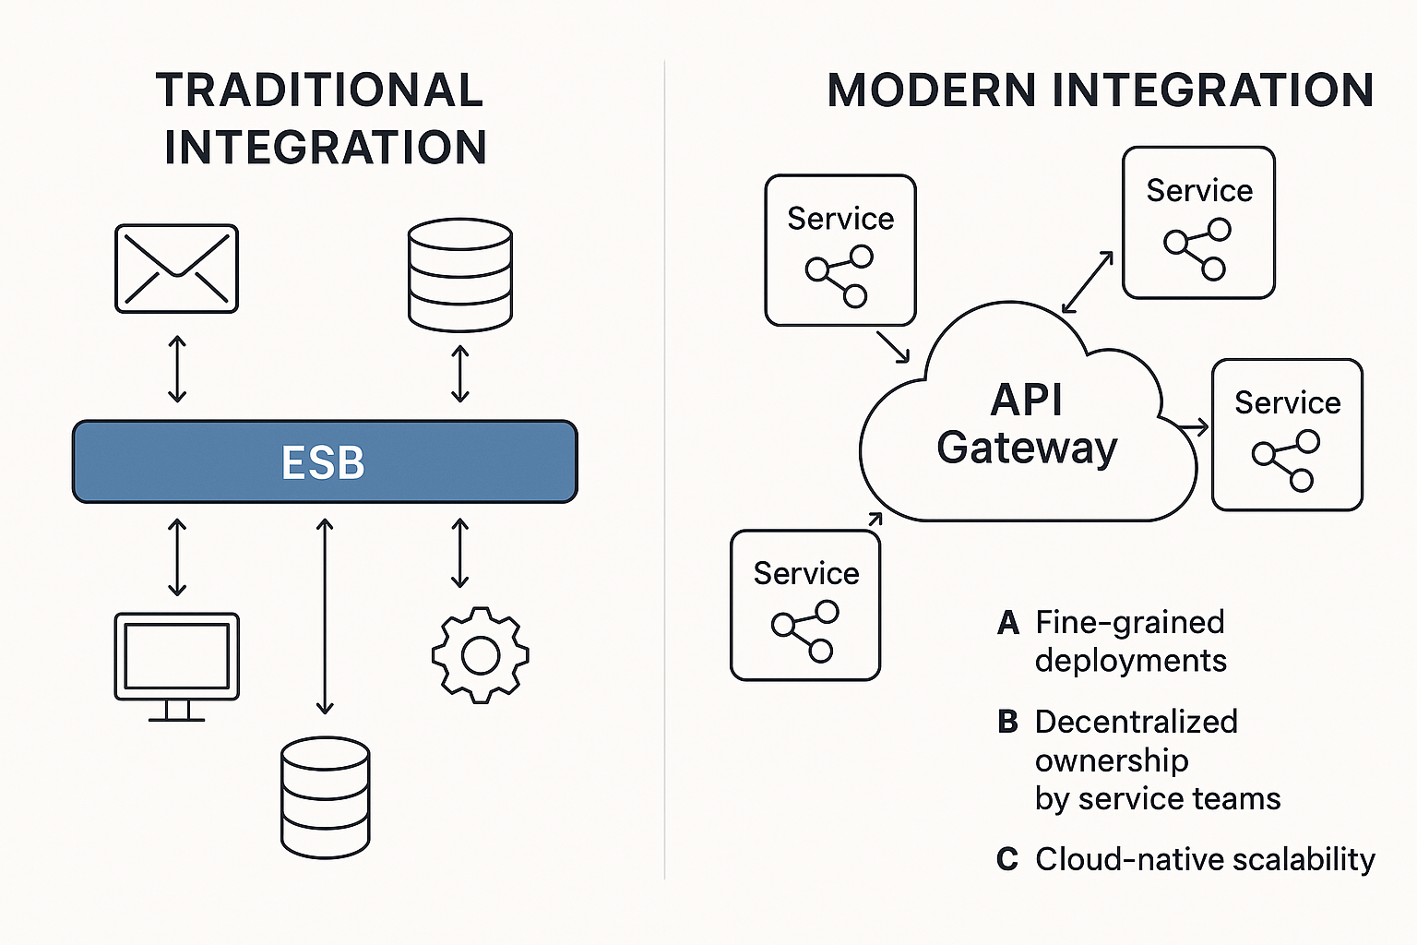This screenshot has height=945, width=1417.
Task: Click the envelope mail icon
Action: pos(176,269)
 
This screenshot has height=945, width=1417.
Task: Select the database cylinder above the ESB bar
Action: pos(459,275)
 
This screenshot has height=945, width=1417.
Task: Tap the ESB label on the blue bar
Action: pos(323,462)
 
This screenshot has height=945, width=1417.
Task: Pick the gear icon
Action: pos(480,655)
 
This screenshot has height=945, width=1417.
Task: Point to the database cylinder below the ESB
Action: pos(325,796)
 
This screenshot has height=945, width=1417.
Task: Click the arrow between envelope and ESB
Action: pos(177,369)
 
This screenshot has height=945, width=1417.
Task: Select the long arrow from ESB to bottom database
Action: pos(324,616)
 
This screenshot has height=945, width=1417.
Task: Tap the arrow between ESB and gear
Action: pos(459,554)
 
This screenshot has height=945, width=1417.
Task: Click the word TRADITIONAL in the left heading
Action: pos(319,90)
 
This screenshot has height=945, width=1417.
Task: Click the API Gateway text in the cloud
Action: pos(1027,425)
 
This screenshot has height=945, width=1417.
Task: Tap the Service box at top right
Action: pos(1198,222)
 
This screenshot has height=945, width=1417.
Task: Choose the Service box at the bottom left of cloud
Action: pos(805,605)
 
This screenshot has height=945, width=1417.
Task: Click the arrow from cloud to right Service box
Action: pos(1192,427)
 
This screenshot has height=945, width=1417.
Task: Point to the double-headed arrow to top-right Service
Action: pos(1088,283)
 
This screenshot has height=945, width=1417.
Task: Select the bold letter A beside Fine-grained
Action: pos(1007,624)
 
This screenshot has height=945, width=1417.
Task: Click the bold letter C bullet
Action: pos(1007,860)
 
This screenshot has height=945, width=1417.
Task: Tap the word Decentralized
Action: pos(1136,722)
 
